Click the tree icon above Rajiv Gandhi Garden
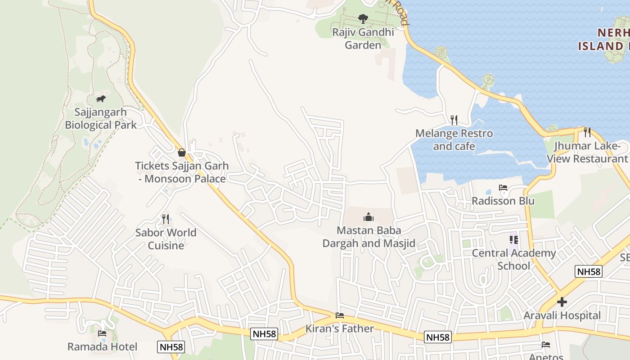(x=363, y=19)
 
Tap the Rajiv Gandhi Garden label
(x=363, y=39)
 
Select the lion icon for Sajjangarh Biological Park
(x=101, y=99)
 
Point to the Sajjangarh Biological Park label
(x=101, y=118)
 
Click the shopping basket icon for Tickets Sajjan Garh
(x=181, y=153)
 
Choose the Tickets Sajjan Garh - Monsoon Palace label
(x=181, y=172)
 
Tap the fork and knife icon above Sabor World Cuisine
(x=166, y=219)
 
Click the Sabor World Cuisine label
(x=166, y=239)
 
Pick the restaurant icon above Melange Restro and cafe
(x=454, y=120)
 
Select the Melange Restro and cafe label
(x=454, y=139)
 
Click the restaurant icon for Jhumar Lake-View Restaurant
(x=587, y=132)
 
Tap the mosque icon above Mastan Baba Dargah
(x=369, y=218)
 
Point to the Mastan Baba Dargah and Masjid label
(x=369, y=237)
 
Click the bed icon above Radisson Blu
(x=503, y=188)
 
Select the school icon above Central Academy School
(x=513, y=240)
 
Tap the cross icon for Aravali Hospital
(x=562, y=302)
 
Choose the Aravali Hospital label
(x=562, y=315)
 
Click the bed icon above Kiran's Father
(x=340, y=315)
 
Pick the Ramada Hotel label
(x=102, y=346)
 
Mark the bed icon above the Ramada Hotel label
(x=102, y=333)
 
